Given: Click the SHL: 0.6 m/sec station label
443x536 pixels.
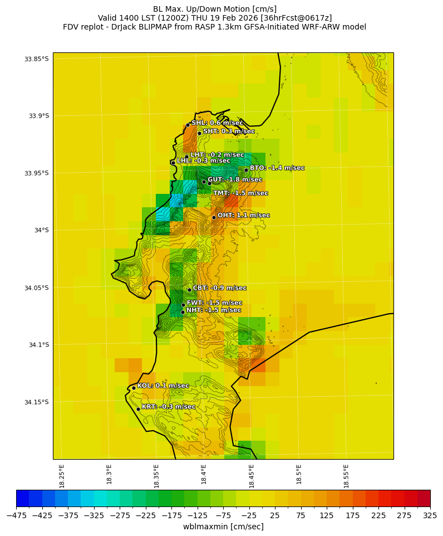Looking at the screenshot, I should [x=217, y=123].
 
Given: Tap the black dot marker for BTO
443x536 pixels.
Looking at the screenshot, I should [x=246, y=170].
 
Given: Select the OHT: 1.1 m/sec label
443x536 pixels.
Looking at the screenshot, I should [x=243, y=216].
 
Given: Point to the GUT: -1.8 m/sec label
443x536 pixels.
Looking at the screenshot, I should [x=234, y=180].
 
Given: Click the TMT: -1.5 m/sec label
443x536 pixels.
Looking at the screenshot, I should [x=240, y=193].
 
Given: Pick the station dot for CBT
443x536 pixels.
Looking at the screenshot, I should [x=189, y=290].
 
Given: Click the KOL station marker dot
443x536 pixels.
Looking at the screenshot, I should [x=134, y=388].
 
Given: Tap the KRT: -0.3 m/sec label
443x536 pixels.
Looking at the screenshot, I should [x=168, y=407].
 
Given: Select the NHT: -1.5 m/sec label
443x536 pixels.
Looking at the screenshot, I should [x=213, y=310].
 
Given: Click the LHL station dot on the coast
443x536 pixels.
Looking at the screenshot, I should [x=173, y=163].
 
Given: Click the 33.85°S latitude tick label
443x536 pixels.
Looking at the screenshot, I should [x=36, y=59].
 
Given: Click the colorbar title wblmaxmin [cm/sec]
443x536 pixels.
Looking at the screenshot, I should [x=223, y=527].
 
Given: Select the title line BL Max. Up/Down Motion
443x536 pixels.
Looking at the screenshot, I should [x=215, y=9].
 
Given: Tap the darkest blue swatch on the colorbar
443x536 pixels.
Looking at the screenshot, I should [x=22, y=498].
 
